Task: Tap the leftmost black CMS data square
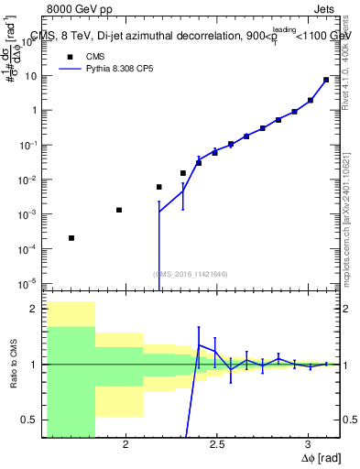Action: [x=71, y=238]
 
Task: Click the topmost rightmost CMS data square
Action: [x=326, y=80]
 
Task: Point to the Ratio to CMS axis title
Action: [x=12, y=365]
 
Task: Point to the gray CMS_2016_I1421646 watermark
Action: [x=190, y=274]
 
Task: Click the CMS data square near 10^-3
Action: [x=119, y=210]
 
